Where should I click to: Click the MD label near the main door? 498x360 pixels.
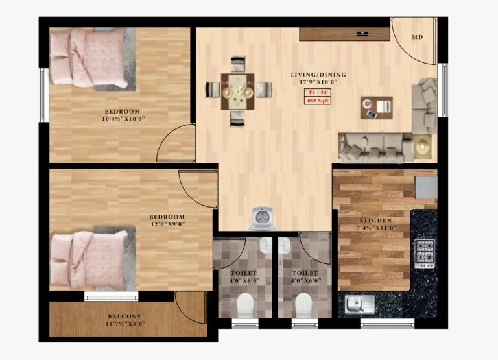[418, 37]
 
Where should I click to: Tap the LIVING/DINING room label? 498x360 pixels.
[318, 75]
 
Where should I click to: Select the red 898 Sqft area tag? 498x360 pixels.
[317, 101]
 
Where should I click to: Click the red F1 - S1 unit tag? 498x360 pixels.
[317, 93]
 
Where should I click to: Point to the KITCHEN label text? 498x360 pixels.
[375, 221]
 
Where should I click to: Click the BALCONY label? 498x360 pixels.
[124, 317]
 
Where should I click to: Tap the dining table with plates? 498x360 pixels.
[237, 91]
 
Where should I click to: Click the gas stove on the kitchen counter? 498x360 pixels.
[425, 254]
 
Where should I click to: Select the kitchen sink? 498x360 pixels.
[359, 304]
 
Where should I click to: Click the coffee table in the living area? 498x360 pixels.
[376, 108]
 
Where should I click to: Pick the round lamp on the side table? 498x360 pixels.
[423, 146]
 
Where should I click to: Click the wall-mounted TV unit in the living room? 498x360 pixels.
[344, 34]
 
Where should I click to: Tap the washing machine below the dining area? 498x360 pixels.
[262, 218]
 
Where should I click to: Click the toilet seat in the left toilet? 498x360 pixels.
[245, 305]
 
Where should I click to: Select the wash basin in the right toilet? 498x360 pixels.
[285, 245]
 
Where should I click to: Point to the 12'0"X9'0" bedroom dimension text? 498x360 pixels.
[167, 224]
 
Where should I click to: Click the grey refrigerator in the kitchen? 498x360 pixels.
[427, 188]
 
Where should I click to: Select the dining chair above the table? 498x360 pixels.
[238, 64]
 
